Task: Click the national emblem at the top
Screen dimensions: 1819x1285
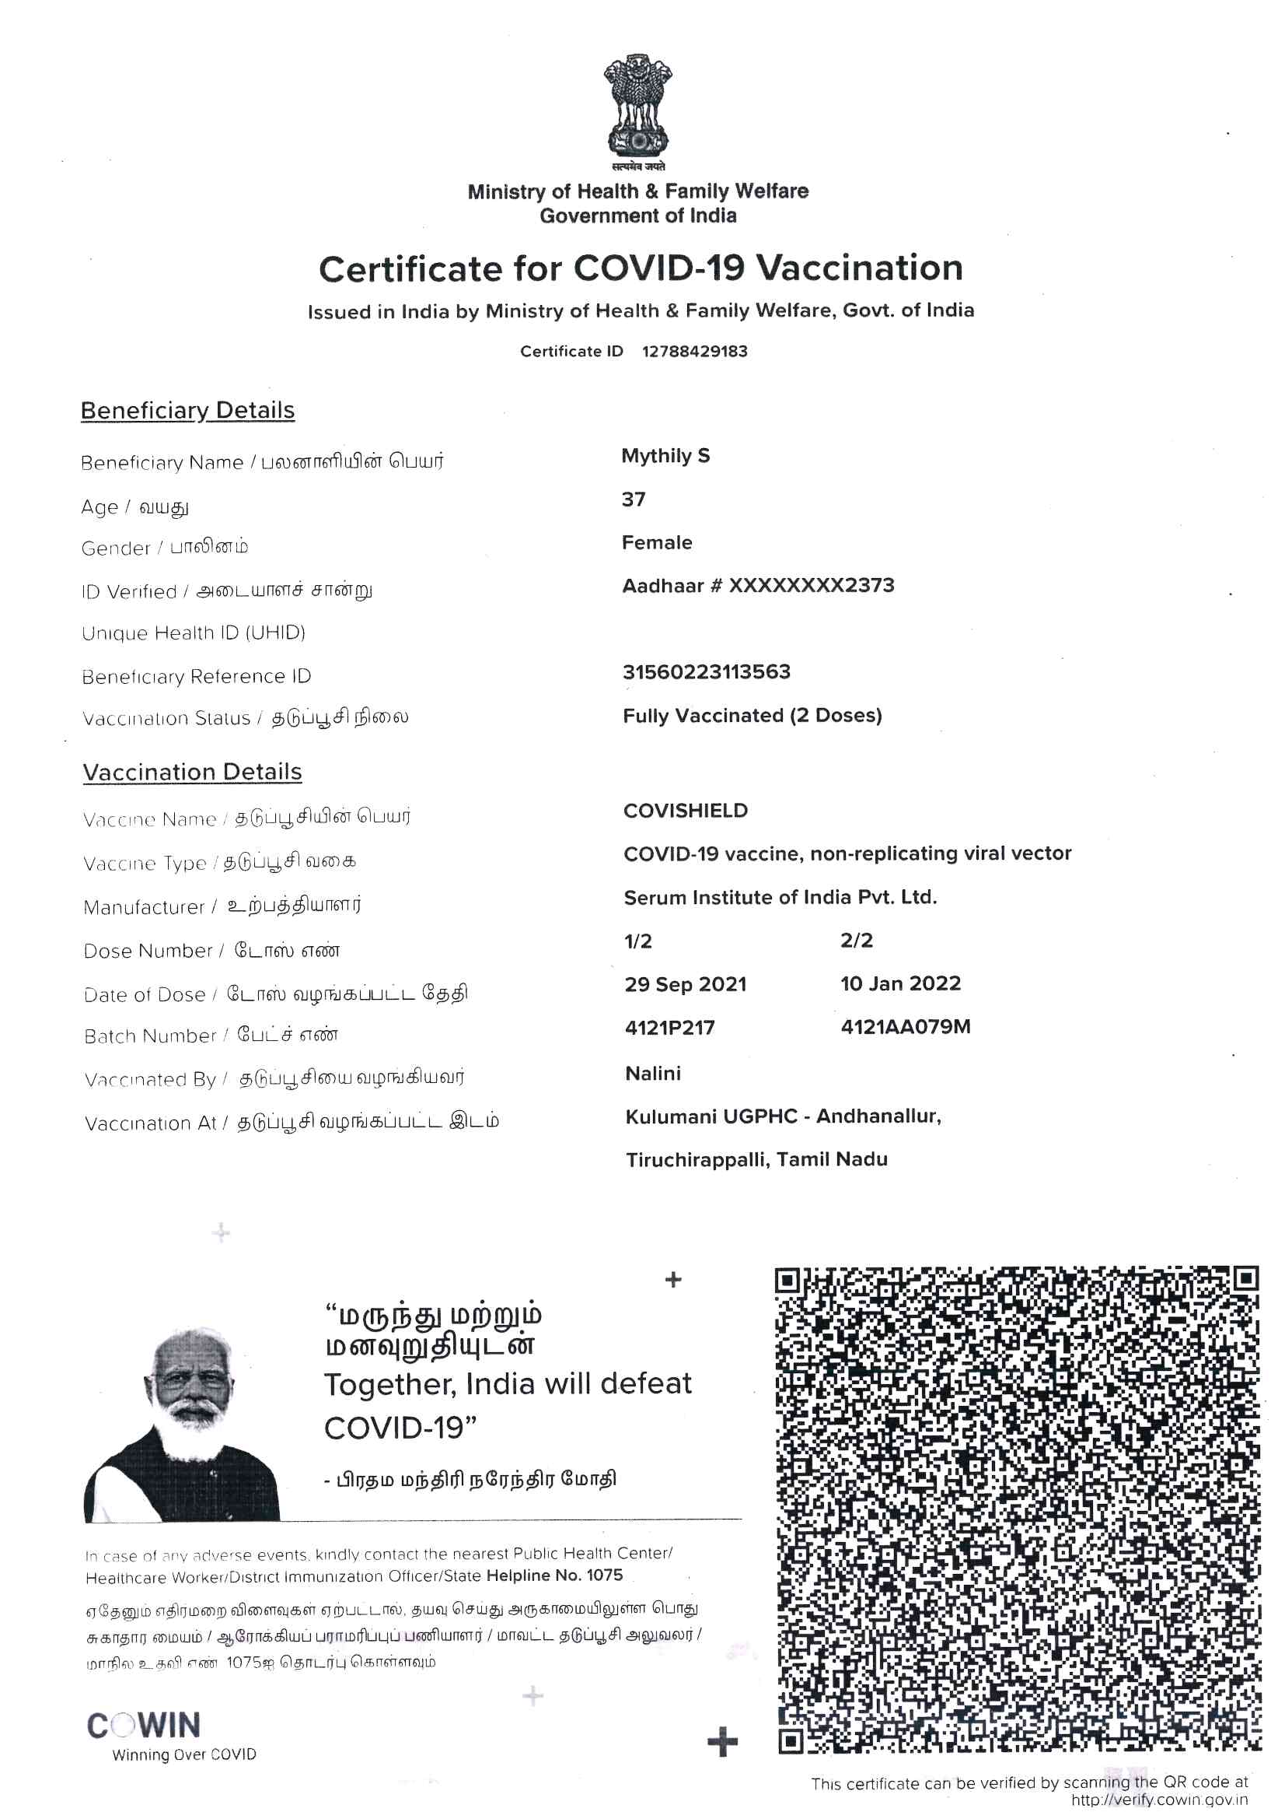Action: point(637,107)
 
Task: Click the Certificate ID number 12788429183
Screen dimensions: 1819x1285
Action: point(694,351)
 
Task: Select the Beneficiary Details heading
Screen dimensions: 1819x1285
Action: point(187,410)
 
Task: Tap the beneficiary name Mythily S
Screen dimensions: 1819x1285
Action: point(665,456)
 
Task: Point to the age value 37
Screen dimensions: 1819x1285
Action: point(634,499)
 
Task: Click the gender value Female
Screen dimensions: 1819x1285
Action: point(656,543)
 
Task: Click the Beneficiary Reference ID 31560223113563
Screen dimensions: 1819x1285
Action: point(706,672)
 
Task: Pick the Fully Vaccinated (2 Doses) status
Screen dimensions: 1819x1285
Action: point(752,716)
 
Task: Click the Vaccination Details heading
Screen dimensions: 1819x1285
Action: point(192,772)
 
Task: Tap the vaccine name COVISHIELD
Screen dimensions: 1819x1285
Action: point(685,811)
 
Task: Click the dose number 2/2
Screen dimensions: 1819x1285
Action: point(856,941)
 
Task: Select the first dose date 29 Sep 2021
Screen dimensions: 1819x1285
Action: point(685,984)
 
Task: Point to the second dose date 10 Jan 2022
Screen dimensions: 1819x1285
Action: point(900,983)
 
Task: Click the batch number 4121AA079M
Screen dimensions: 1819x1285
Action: point(905,1027)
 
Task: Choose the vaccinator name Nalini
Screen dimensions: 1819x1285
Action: point(652,1073)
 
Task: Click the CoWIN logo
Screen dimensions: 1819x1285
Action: point(144,1726)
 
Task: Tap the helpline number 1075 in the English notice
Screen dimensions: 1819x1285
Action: point(604,1575)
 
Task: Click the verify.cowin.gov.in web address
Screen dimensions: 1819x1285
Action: point(1158,1800)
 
